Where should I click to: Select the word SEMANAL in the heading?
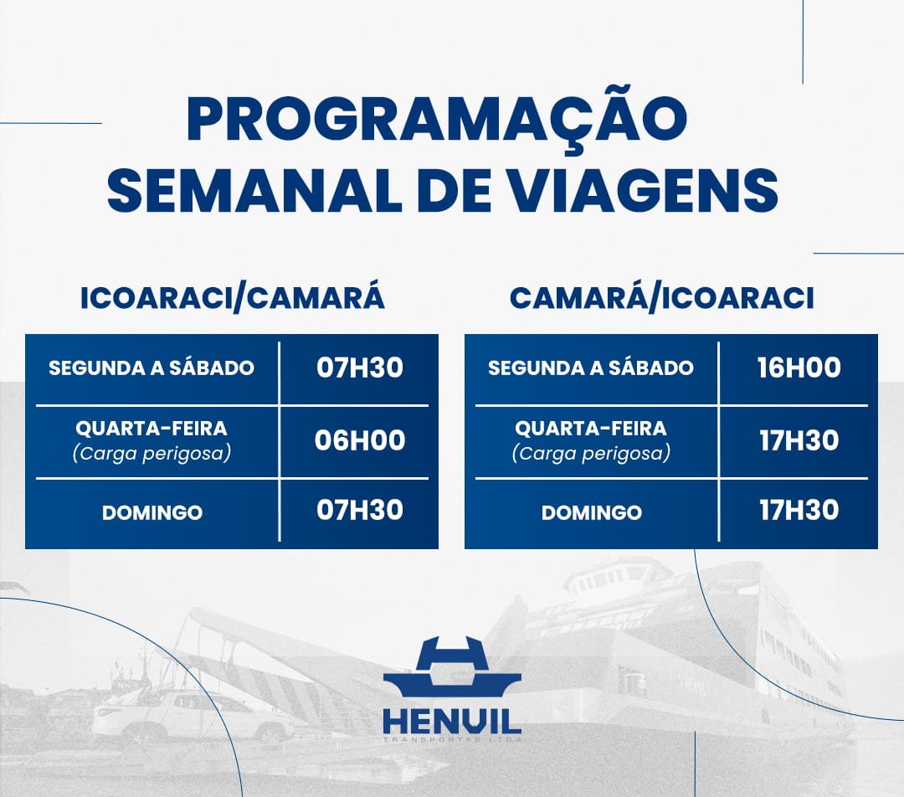(254, 190)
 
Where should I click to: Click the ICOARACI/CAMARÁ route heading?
(233, 298)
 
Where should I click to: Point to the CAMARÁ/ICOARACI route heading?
(662, 298)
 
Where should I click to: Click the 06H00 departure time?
(360, 440)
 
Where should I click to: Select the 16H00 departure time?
(799, 368)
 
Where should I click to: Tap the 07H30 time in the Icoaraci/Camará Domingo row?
(360, 511)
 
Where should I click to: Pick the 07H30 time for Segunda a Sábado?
(360, 368)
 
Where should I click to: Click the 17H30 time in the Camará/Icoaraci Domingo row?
(799, 511)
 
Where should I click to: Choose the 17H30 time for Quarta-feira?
(799, 440)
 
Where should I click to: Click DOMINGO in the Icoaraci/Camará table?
(152, 512)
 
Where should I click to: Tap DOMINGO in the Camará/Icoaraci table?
(592, 512)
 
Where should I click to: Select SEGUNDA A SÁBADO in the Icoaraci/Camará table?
(152, 368)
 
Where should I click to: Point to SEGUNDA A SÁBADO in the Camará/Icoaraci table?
(591, 368)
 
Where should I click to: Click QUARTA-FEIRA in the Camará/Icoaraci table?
(591, 429)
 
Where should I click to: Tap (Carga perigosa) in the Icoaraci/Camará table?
(152, 453)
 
